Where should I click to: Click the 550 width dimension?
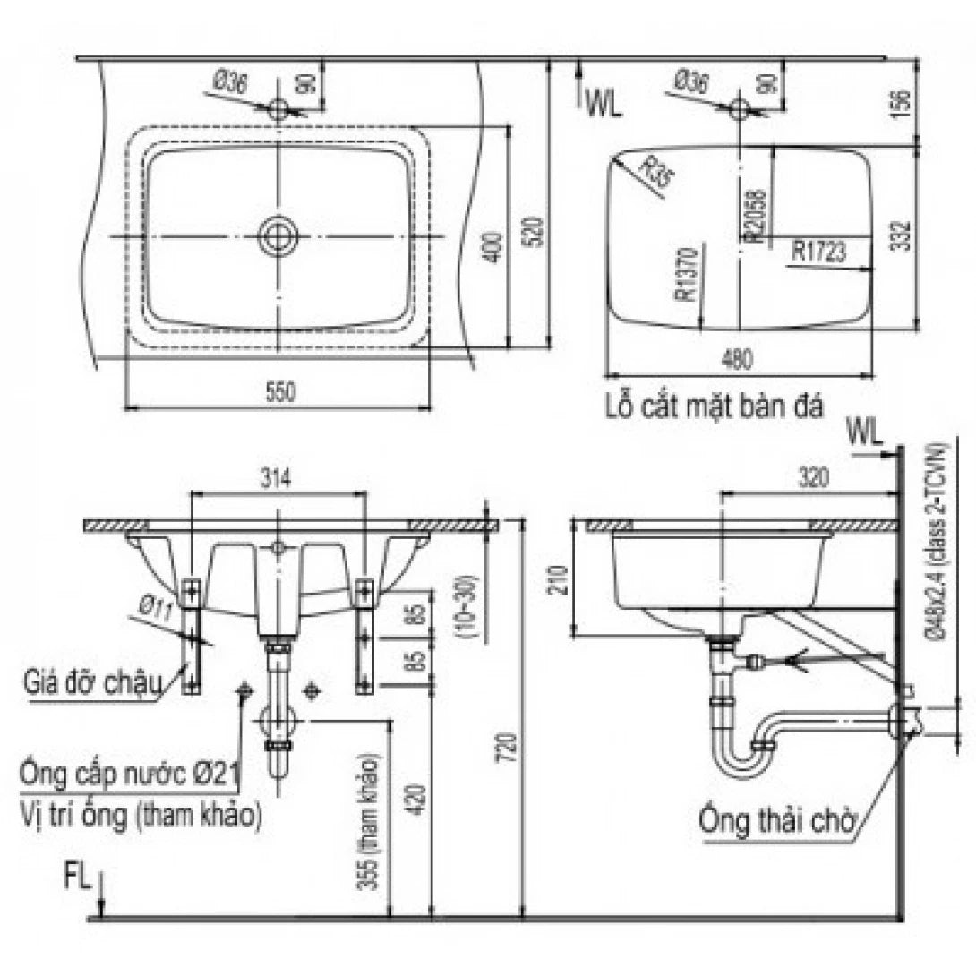click(x=278, y=391)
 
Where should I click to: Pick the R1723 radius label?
click(x=818, y=251)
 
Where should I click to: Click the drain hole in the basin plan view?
click(x=278, y=236)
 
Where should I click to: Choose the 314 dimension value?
click(x=278, y=478)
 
